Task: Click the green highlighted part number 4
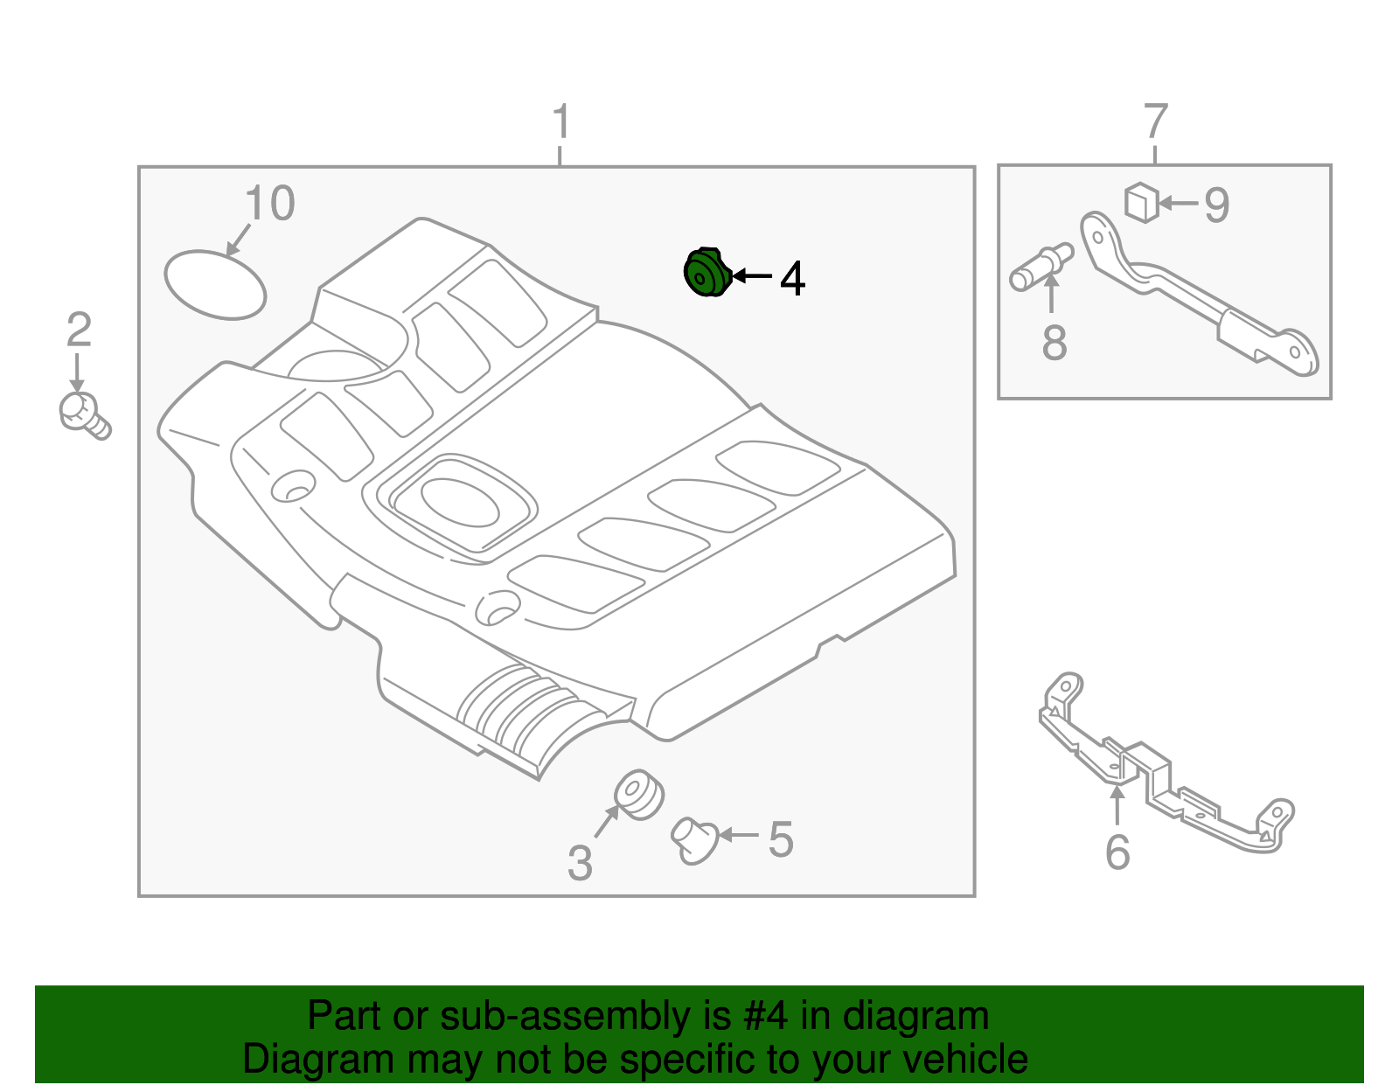click(x=706, y=273)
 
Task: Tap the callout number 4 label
click(x=792, y=279)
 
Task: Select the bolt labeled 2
click(x=83, y=414)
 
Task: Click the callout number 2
click(x=79, y=330)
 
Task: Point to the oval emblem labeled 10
click(x=215, y=284)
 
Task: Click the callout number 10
click(x=269, y=205)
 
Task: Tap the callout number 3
click(x=580, y=863)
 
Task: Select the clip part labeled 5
click(x=694, y=839)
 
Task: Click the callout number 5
click(x=781, y=840)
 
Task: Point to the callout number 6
click(x=1117, y=852)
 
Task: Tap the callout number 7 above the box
click(x=1155, y=122)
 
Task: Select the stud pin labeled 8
click(x=1040, y=267)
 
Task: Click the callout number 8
click(x=1054, y=343)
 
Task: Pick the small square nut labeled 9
click(x=1141, y=202)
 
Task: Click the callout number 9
click(x=1216, y=205)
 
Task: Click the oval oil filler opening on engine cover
click(x=460, y=502)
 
